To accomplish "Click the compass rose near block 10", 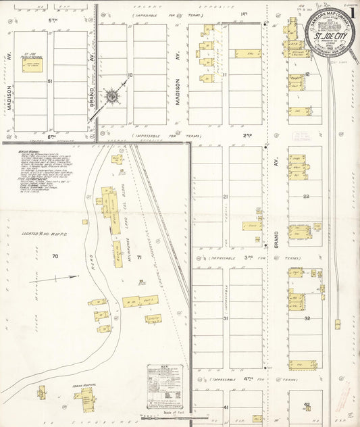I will click(111, 97).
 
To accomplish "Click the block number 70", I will click(55, 257).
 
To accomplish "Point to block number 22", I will click(306, 197).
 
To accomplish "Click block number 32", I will click(306, 318).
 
